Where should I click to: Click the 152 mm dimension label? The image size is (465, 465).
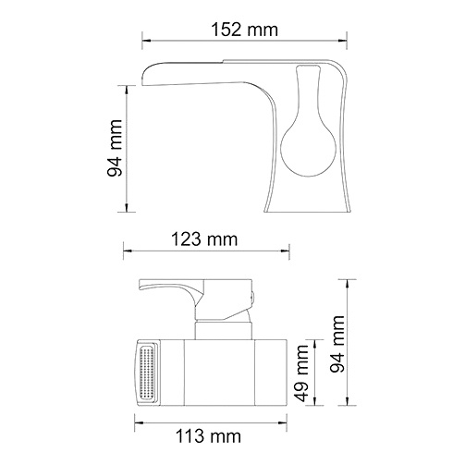click(245, 30)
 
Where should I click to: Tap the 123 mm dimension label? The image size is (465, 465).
click(204, 239)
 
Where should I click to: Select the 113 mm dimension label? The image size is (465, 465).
click(209, 436)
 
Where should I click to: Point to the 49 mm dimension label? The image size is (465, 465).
click(301, 373)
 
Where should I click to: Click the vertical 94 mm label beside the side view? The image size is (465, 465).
click(115, 148)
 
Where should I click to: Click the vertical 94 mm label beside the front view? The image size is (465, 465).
click(337, 344)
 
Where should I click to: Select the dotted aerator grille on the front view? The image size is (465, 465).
click(147, 373)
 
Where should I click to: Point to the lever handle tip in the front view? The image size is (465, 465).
click(141, 285)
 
